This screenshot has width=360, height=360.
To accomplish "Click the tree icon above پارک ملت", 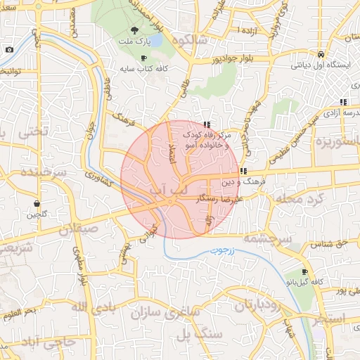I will click(x=134, y=30).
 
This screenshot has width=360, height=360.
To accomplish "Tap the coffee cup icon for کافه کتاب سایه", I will click(x=144, y=58).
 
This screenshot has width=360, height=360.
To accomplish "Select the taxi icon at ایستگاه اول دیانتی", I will click(x=321, y=55).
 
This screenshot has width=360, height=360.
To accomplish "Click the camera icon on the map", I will click(x=9, y=49).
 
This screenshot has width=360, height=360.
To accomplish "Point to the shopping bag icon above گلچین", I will click(x=35, y=203).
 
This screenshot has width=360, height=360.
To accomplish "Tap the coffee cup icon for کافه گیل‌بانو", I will click(x=304, y=272).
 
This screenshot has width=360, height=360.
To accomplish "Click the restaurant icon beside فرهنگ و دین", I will click(x=243, y=171).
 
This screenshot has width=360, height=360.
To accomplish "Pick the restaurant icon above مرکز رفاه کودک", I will click(x=206, y=124).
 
